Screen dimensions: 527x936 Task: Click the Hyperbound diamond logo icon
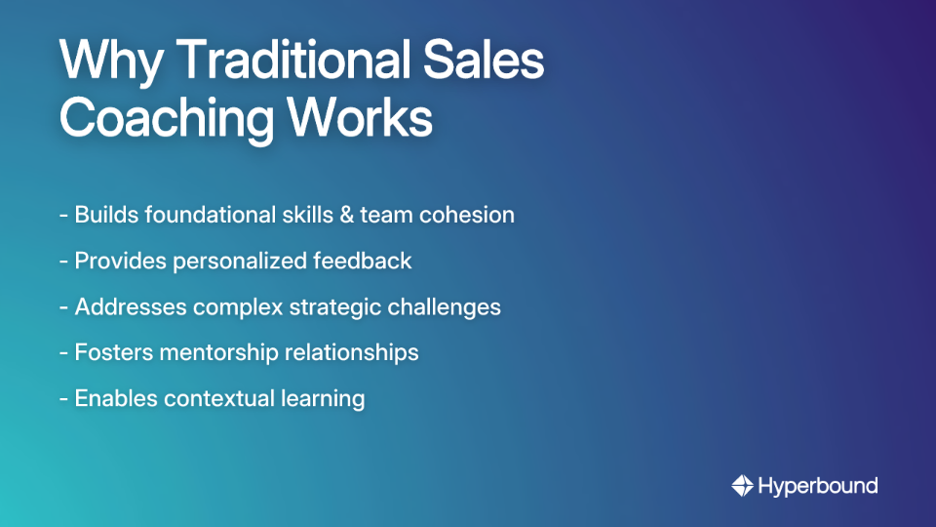741,485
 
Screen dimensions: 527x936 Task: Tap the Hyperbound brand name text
817,485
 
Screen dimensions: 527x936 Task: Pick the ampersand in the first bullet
342,215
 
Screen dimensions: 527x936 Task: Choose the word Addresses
130,306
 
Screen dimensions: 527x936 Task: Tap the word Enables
116,398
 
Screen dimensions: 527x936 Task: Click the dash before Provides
63,262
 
